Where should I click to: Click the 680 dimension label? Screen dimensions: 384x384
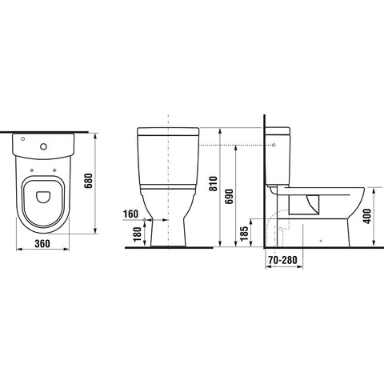pyautogui.click(x=89, y=181)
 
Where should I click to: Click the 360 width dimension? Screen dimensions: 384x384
pyautogui.click(x=42, y=243)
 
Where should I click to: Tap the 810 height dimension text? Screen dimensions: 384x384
pyautogui.click(x=214, y=183)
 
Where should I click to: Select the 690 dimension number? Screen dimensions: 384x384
pyautogui.click(x=229, y=196)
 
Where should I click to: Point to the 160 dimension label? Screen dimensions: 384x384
pyautogui.click(x=130, y=214)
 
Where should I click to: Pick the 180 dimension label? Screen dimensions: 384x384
pyautogui.click(x=137, y=234)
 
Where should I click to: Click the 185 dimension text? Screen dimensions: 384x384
pyautogui.click(x=244, y=234)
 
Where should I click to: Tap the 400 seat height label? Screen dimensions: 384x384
pyautogui.click(x=367, y=216)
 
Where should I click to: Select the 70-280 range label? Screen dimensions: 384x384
pyautogui.click(x=282, y=260)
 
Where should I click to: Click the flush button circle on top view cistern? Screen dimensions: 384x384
pyautogui.click(x=43, y=146)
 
